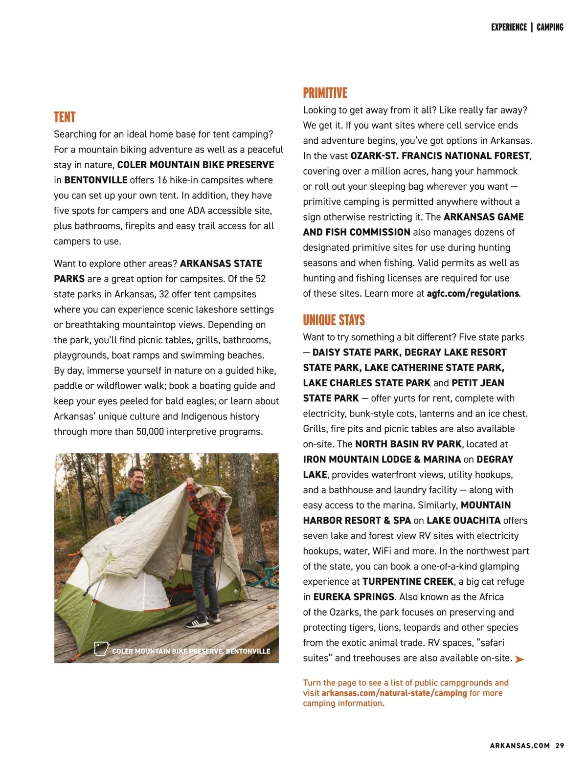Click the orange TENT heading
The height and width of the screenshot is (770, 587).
click(x=65, y=117)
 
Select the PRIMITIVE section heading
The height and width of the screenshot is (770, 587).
click(x=325, y=93)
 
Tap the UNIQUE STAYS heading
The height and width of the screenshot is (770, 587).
click(x=334, y=320)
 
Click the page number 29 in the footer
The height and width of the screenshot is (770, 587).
click(x=560, y=746)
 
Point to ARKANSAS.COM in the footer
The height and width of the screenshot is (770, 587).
click(x=519, y=746)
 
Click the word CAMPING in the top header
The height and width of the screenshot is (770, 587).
click(x=550, y=27)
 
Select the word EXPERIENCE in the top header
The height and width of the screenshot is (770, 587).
click(x=509, y=27)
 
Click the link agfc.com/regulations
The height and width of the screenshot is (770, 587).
click(x=473, y=293)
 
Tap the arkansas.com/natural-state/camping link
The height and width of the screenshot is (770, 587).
click(x=394, y=693)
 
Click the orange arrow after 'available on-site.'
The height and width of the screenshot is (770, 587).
click(x=519, y=659)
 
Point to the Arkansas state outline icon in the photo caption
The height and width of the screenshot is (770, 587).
click(x=101, y=649)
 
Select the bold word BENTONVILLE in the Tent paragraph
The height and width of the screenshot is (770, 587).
click(x=96, y=180)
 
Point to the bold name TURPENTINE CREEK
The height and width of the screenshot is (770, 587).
click(x=408, y=582)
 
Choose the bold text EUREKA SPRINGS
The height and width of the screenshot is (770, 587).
click(x=354, y=597)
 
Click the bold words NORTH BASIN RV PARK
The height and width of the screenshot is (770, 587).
click(x=408, y=444)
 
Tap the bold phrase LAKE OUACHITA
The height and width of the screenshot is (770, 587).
click(x=463, y=521)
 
